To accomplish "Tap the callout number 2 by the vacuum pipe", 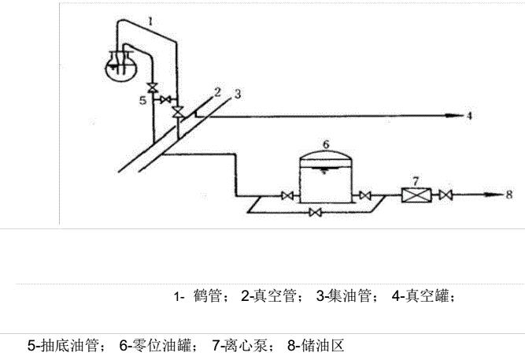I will [217, 91].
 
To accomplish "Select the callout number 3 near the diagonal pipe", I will [236, 95].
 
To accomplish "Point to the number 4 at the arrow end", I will [469, 116].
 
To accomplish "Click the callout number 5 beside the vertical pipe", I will [142, 101].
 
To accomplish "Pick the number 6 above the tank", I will [326, 144].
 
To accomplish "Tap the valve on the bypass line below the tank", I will [316, 213].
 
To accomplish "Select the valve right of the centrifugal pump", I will [446, 195].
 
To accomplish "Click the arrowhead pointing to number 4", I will [455, 116].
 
